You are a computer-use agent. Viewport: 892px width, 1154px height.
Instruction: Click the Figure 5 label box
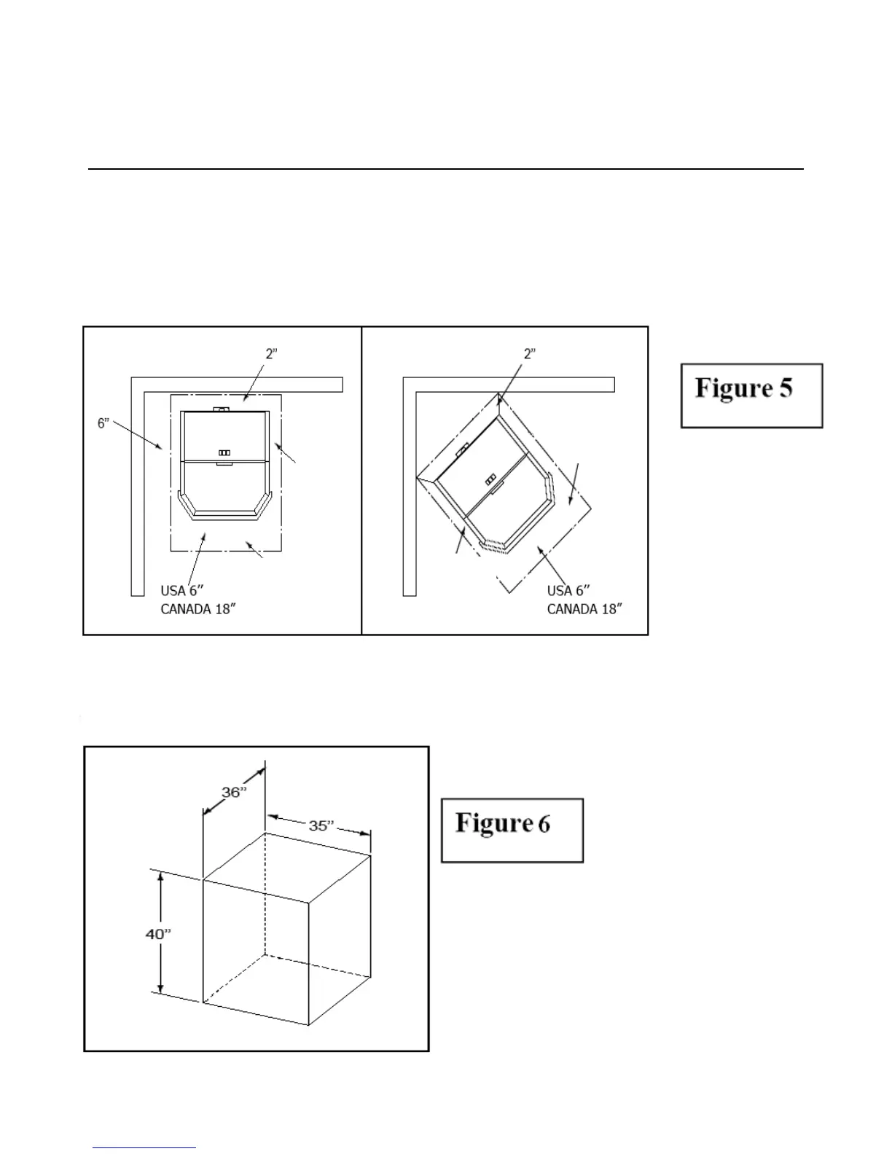pos(751,395)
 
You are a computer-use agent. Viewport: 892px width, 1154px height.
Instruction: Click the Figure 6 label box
pos(512,830)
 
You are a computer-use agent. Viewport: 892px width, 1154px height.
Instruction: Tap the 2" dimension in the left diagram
pos(271,353)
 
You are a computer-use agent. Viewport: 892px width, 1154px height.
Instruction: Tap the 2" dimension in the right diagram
pos(530,353)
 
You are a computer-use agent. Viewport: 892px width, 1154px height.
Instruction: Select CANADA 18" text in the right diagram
pos(584,609)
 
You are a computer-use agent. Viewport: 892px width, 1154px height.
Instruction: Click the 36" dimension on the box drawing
pos(235,793)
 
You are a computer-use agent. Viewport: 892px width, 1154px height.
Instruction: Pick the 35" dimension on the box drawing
pos(321,825)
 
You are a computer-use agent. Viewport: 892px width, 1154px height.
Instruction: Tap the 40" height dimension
pos(157,933)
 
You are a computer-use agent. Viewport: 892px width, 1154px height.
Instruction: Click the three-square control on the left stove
pos(224,453)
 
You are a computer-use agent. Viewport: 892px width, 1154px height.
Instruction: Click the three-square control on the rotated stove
pos(491,479)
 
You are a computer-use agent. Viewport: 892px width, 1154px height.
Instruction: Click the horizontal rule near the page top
pos(445,169)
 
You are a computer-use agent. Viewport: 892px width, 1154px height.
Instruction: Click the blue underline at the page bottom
pos(144,1147)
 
